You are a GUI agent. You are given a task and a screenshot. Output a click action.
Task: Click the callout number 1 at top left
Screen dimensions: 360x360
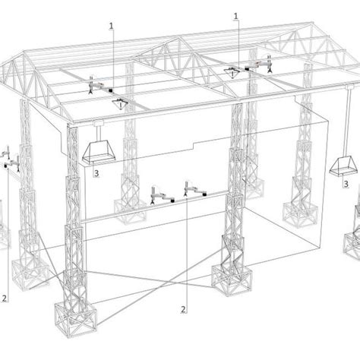click(x=112, y=26)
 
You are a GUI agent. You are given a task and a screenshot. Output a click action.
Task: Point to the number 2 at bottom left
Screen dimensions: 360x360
click(x=6, y=298)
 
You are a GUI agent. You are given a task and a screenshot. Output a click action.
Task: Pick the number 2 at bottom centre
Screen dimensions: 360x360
click(x=183, y=309)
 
